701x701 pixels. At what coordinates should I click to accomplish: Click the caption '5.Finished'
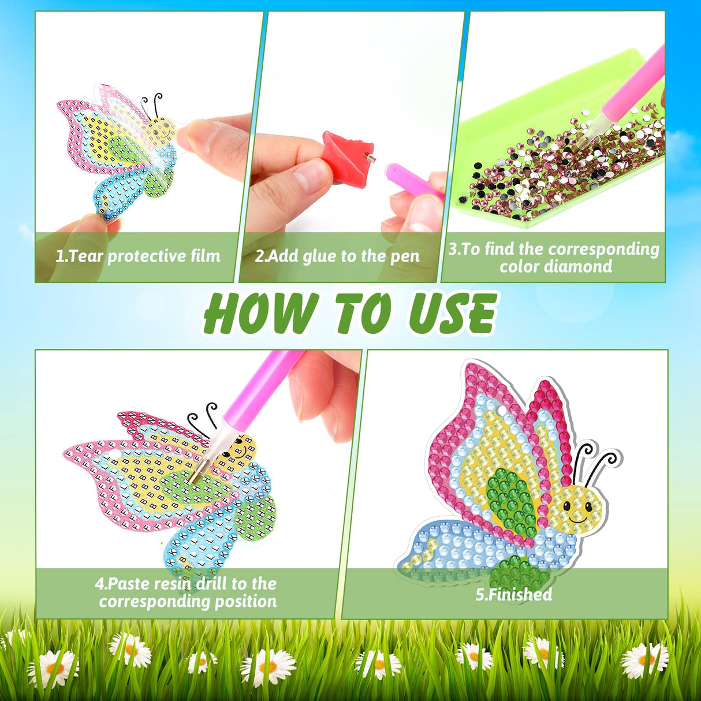pos(513,594)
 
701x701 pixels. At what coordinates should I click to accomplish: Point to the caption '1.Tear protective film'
pos(137,256)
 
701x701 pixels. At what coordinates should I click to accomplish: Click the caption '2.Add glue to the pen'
pos(337,256)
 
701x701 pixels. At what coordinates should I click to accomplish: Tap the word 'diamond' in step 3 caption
pos(584,267)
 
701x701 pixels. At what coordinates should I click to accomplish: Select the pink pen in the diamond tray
pos(629,92)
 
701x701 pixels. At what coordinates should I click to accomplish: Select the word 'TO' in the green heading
pos(364,313)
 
